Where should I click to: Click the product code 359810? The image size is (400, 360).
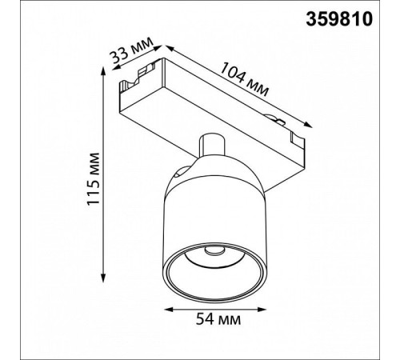click(x=339, y=19)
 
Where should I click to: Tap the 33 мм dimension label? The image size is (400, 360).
click(x=132, y=53)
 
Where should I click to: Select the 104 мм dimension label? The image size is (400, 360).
click(x=244, y=79)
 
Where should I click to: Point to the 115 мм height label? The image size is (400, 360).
click(x=94, y=178)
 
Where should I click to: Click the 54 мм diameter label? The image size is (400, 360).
click(x=218, y=318)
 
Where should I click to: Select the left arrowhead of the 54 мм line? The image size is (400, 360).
click(x=170, y=309)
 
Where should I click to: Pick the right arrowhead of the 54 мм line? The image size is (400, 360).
click(x=262, y=309)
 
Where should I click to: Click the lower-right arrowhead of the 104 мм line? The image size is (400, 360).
click(x=307, y=125)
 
